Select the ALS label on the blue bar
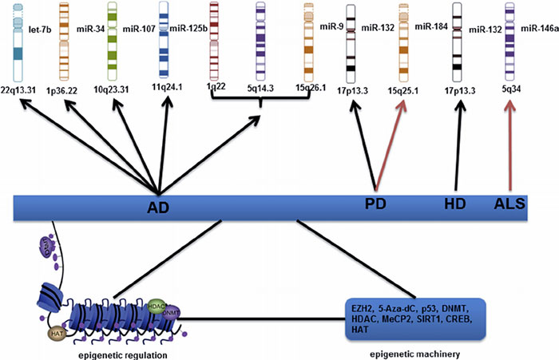509,204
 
